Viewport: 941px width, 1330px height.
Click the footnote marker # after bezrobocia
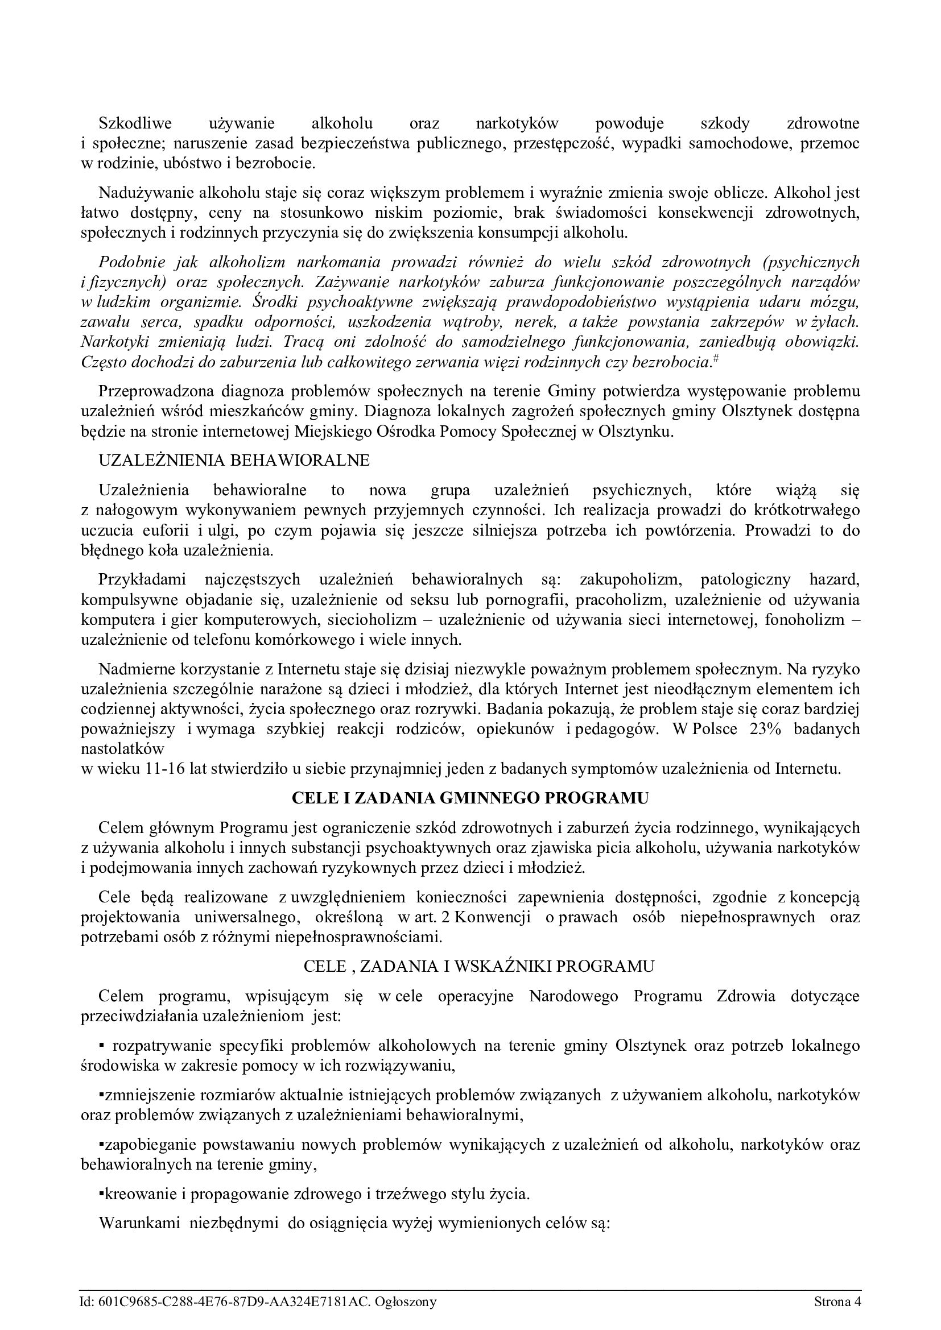(x=716, y=360)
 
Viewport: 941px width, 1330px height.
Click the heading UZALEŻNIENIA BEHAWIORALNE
(x=234, y=460)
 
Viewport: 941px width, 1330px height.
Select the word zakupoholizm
(x=628, y=579)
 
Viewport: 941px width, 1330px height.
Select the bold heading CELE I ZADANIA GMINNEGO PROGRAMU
(x=470, y=798)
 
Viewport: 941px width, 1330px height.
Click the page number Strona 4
(x=837, y=1302)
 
